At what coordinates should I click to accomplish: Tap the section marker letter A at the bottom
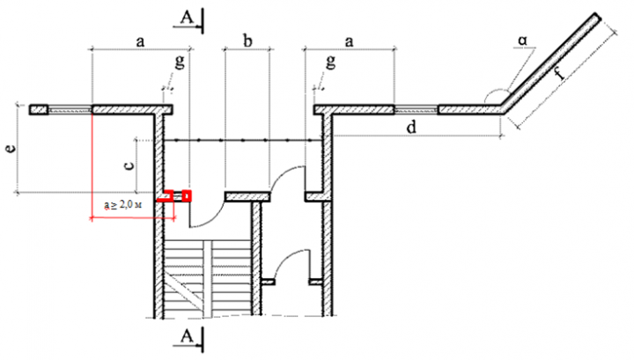pos(186,335)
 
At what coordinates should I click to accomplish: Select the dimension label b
pos(247,41)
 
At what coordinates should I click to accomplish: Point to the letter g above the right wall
pos(331,62)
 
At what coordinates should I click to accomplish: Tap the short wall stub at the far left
pos(39,110)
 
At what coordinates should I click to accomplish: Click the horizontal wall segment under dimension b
pos(247,195)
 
